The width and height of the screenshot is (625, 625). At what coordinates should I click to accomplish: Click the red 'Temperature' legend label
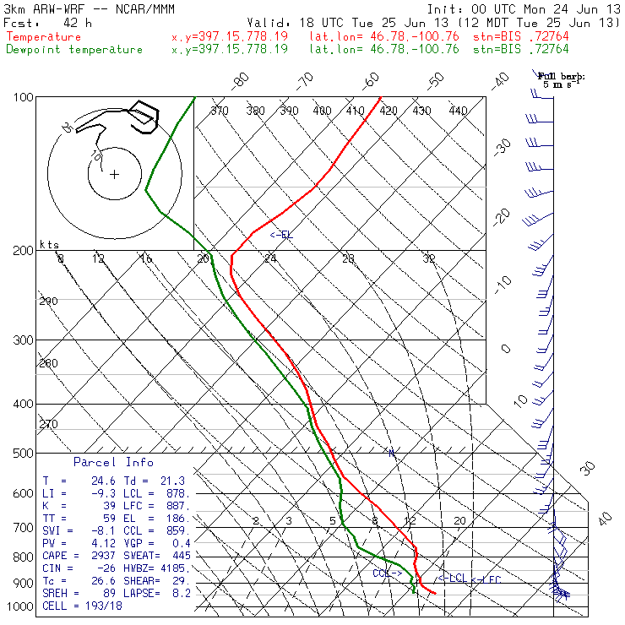pos(44,37)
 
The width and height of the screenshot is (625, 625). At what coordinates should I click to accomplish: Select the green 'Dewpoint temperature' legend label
pos(74,49)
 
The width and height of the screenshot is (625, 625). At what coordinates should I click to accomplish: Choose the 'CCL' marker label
pos(387,573)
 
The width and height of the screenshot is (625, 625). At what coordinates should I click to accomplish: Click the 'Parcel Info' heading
pos(113,463)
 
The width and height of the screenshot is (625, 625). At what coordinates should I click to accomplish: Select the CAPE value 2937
pos(89,557)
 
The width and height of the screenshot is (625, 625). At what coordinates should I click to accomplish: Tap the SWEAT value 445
pos(181,557)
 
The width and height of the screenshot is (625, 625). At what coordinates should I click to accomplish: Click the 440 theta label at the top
pos(458,111)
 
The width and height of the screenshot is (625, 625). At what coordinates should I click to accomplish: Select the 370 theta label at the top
pos(220,111)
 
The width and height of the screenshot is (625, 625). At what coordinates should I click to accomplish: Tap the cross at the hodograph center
pos(114,174)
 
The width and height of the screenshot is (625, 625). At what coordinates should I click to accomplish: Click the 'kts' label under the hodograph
pos(50,245)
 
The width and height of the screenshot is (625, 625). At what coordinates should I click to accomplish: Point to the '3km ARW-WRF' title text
pos(40,8)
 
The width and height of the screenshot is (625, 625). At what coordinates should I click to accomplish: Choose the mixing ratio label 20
pos(459,521)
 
